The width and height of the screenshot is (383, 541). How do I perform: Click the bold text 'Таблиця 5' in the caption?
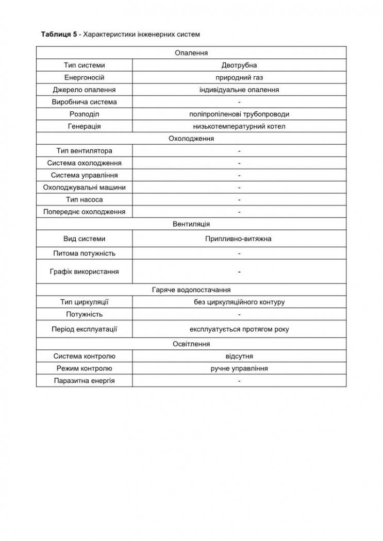[x=59, y=34]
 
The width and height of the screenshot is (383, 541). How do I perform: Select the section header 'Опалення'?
[x=191, y=53]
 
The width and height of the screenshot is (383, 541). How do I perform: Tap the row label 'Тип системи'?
[x=84, y=65]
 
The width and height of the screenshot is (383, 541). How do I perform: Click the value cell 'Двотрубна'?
[x=239, y=65]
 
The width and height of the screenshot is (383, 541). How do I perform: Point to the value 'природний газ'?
[x=239, y=77]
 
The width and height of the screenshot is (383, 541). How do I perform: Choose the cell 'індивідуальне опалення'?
[x=239, y=90]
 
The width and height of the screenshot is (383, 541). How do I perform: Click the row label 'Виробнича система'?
[x=84, y=102]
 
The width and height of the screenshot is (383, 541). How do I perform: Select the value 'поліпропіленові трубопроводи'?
[x=239, y=114]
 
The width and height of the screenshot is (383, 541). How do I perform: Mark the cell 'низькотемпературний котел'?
[x=239, y=126]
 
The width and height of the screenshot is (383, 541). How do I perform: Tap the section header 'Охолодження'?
[x=191, y=139]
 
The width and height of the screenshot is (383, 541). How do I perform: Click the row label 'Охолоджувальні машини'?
[x=84, y=188]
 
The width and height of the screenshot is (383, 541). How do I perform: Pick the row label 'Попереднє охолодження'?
[x=84, y=212]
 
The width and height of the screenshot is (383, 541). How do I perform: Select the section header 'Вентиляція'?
[x=191, y=224]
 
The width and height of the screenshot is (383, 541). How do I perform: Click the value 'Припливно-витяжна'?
[x=239, y=239]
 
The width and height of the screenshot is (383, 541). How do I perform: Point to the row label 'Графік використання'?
[x=84, y=272]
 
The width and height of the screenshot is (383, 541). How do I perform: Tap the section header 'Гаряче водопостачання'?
[x=191, y=290]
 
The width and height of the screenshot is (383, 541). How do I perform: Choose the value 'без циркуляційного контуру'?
[x=239, y=302]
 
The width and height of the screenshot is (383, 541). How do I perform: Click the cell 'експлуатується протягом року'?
[x=239, y=329]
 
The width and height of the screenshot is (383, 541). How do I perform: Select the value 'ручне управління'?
[x=239, y=368]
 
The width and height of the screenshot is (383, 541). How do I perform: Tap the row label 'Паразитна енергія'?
[x=84, y=381]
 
